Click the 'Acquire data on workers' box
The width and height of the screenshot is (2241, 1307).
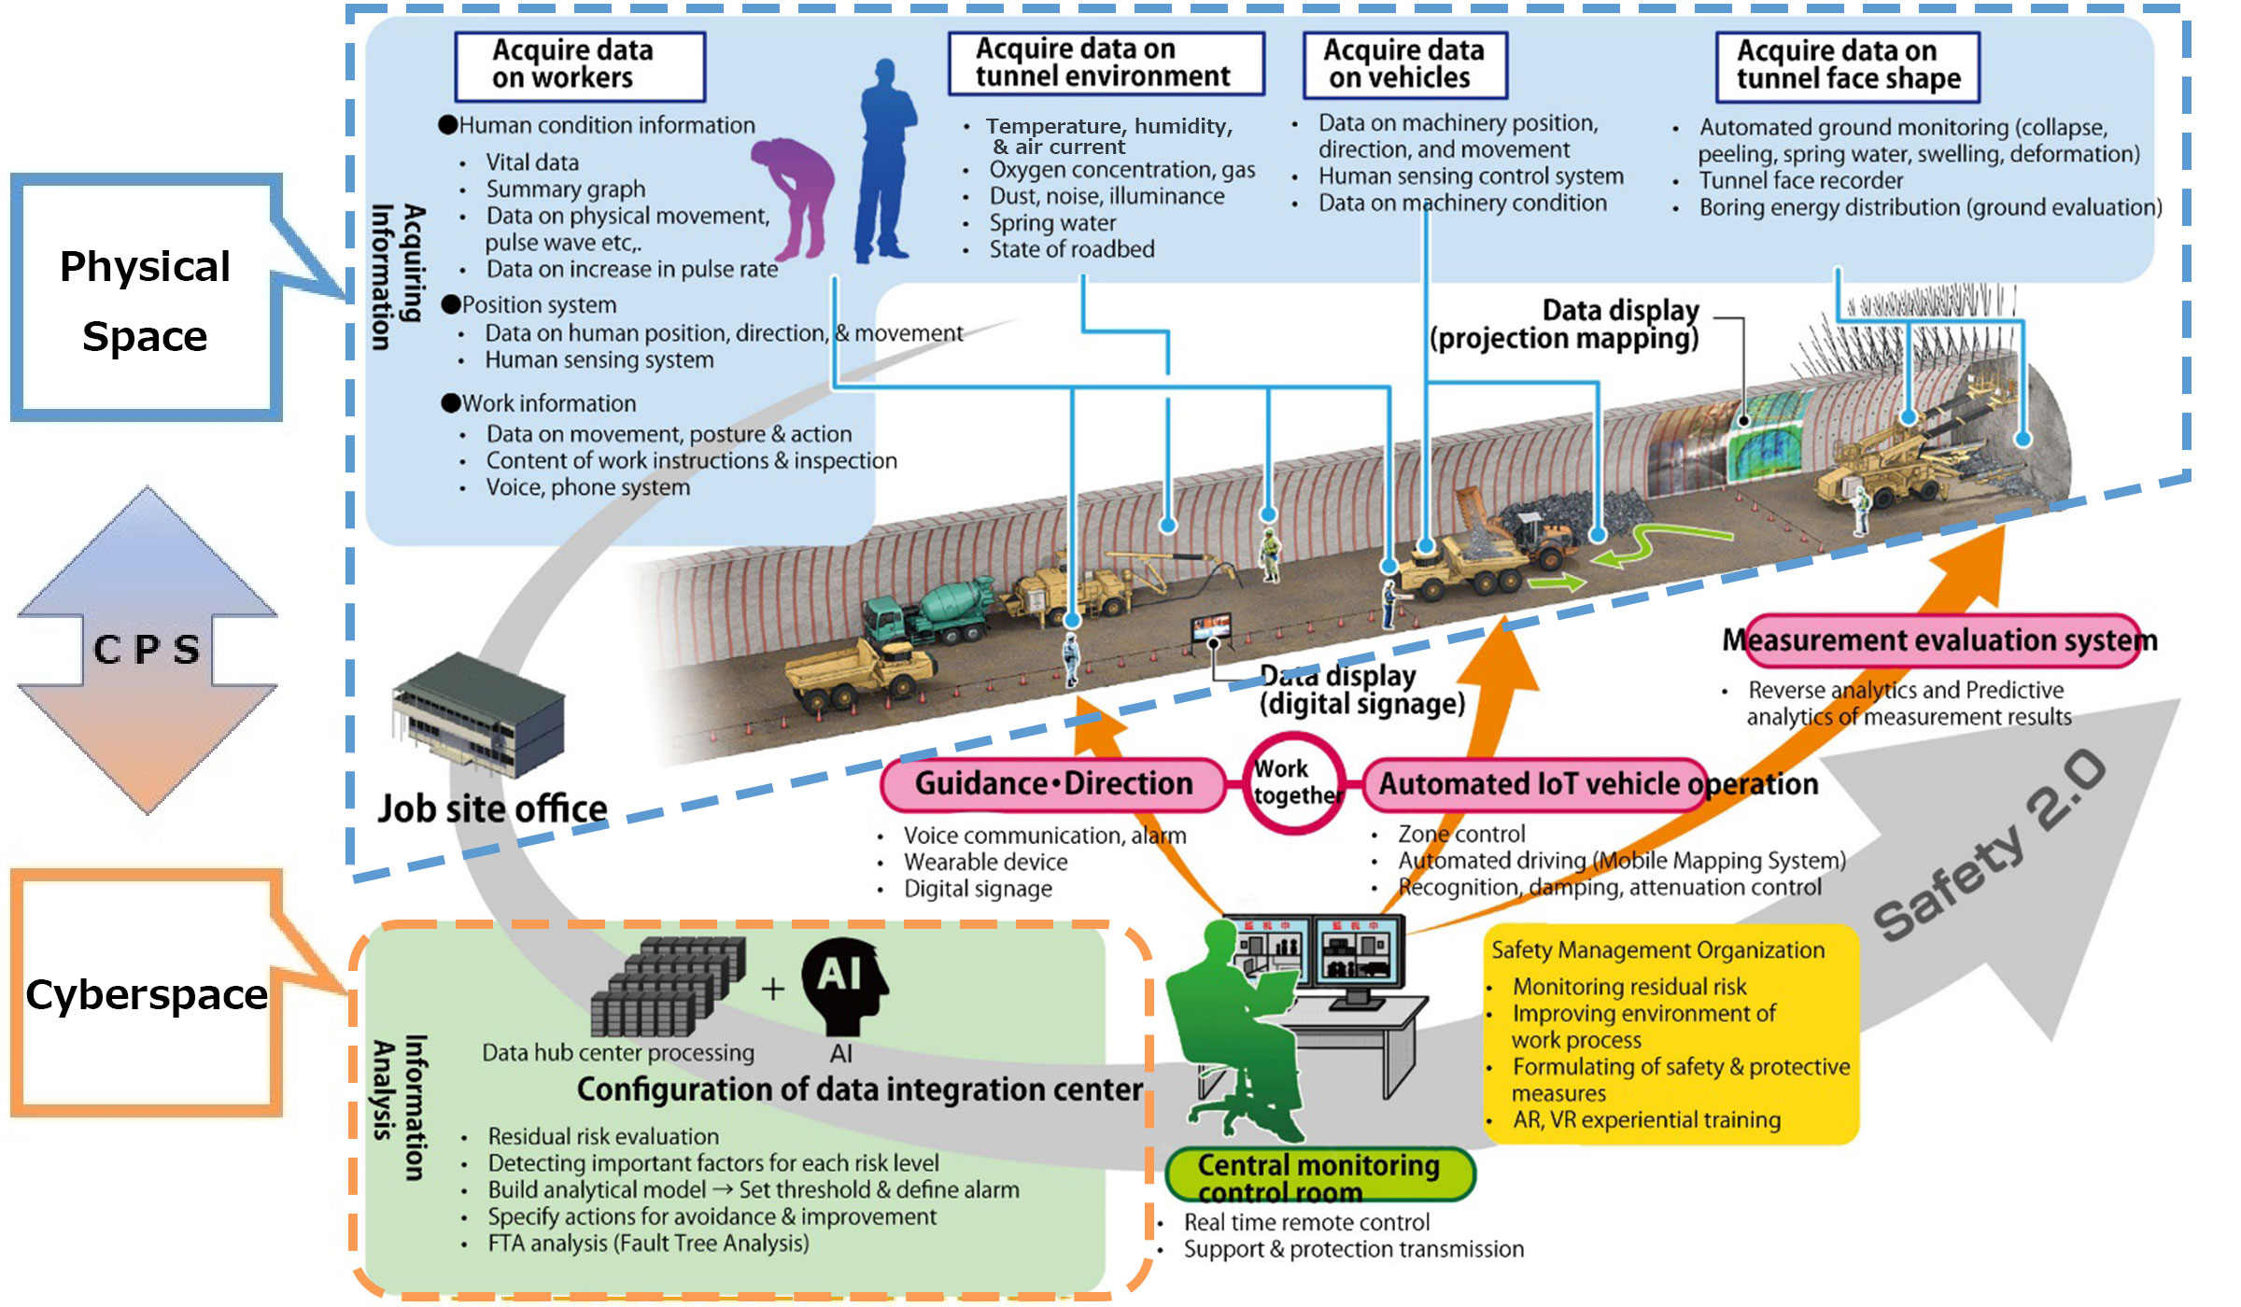pos(579,65)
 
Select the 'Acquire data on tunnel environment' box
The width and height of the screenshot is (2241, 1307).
pos(1106,63)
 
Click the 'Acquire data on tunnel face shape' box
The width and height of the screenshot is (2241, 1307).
pos(1847,65)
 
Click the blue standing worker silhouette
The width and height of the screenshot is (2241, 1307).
pos(882,163)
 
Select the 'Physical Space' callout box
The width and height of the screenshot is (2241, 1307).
pos(146,299)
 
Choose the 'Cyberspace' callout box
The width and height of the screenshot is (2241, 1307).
pos(146,994)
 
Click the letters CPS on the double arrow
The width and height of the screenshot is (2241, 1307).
pos(148,649)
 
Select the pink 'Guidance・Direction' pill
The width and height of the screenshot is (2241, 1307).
pos(1053,783)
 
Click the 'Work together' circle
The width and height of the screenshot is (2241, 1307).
pos(1296,782)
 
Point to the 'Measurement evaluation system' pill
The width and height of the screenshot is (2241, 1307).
pos(1942,640)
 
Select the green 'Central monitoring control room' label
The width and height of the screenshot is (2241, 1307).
pos(1318,1176)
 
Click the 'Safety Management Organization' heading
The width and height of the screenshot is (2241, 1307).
pos(1657,950)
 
